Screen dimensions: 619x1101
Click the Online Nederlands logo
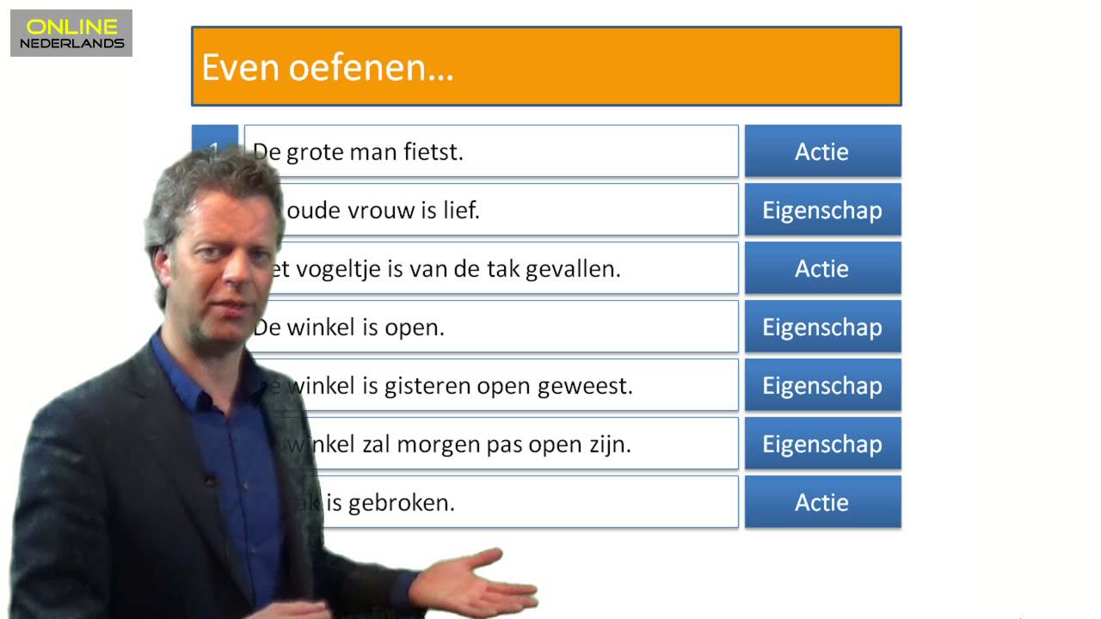(71, 34)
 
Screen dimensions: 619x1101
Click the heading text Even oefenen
(327, 67)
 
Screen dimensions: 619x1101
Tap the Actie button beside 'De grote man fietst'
(822, 151)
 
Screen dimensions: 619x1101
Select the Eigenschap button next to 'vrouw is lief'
(822, 210)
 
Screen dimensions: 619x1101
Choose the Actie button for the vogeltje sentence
(822, 268)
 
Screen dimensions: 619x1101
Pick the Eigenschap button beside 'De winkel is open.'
(822, 327)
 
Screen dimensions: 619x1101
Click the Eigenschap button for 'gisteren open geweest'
(822, 385)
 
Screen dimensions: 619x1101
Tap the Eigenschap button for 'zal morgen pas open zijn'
(822, 444)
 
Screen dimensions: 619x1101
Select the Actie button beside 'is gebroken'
(822, 502)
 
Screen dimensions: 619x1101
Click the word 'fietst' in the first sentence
(434, 152)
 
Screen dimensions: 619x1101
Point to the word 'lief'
(460, 211)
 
